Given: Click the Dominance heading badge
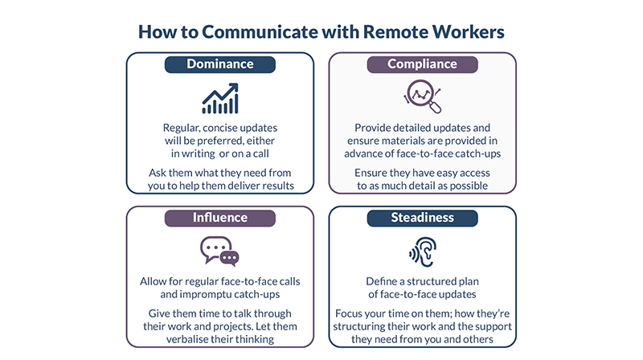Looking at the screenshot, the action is [x=219, y=64].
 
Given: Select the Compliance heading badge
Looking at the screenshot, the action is [x=423, y=64].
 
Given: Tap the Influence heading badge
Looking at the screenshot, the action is [x=219, y=218].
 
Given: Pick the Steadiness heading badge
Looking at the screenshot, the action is [x=423, y=218].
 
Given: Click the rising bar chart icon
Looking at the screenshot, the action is [x=220, y=98].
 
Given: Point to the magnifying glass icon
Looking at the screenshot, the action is [x=423, y=96].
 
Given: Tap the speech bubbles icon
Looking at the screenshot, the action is [x=219, y=252].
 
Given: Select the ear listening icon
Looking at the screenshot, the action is [x=423, y=252].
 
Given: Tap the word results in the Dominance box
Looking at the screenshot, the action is [x=278, y=186].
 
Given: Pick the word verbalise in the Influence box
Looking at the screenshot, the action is [x=186, y=339].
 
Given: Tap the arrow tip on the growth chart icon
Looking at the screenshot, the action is [x=237, y=84].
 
